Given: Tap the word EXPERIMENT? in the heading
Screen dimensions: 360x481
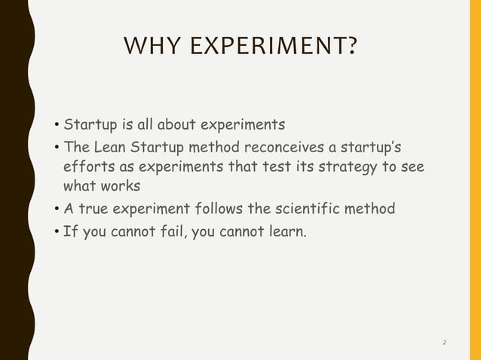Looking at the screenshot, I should click(x=271, y=50).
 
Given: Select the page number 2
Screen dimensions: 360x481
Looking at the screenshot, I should click(x=444, y=343).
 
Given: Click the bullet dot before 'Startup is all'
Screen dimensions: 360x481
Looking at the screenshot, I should click(x=57, y=124).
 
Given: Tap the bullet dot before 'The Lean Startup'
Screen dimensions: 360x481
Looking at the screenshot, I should click(x=57, y=145).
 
